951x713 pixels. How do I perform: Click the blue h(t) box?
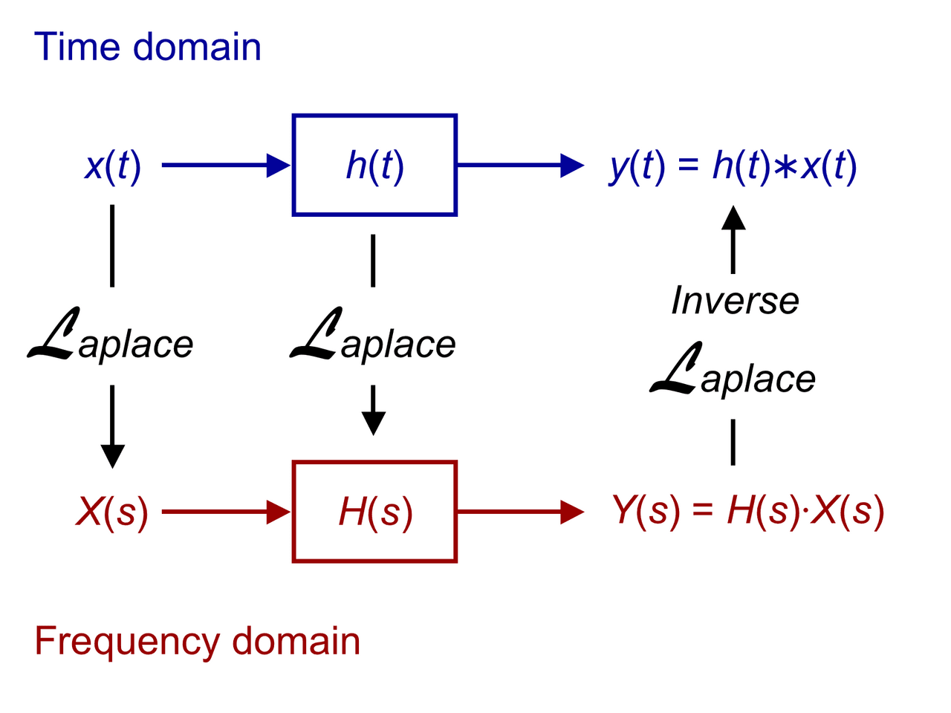coord(374,165)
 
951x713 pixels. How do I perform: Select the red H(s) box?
coord(374,512)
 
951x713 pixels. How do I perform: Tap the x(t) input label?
coord(112,166)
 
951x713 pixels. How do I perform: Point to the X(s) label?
coord(112,512)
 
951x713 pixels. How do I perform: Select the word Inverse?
coord(735,301)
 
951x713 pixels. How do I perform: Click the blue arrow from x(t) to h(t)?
coord(223,165)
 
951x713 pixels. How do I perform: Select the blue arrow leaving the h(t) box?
coord(520,165)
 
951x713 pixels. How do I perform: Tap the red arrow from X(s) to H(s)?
coord(223,512)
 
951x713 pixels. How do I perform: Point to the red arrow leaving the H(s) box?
coord(520,512)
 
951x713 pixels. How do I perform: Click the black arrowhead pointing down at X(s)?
coord(112,455)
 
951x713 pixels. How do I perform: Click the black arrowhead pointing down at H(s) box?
coord(373,422)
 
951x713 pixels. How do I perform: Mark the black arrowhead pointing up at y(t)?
coord(733,218)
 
